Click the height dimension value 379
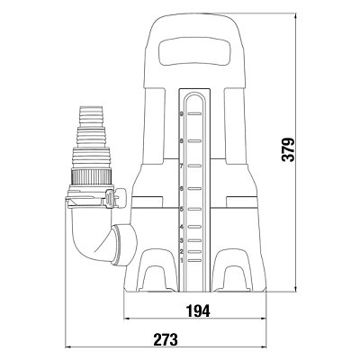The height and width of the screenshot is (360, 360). coord(288,150)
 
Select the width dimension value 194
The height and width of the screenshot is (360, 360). coord(198,310)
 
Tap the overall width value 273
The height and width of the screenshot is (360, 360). coord(166,340)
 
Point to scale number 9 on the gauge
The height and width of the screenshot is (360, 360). coord(182,114)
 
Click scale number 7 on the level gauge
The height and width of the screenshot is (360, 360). coord(182,166)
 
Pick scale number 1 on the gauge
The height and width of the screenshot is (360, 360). coord(182,260)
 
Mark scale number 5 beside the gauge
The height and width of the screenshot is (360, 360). coord(182,209)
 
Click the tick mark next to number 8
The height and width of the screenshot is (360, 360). coord(194,140)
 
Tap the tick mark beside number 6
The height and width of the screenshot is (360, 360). coord(194,189)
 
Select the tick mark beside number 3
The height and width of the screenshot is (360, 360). coord(194,240)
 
